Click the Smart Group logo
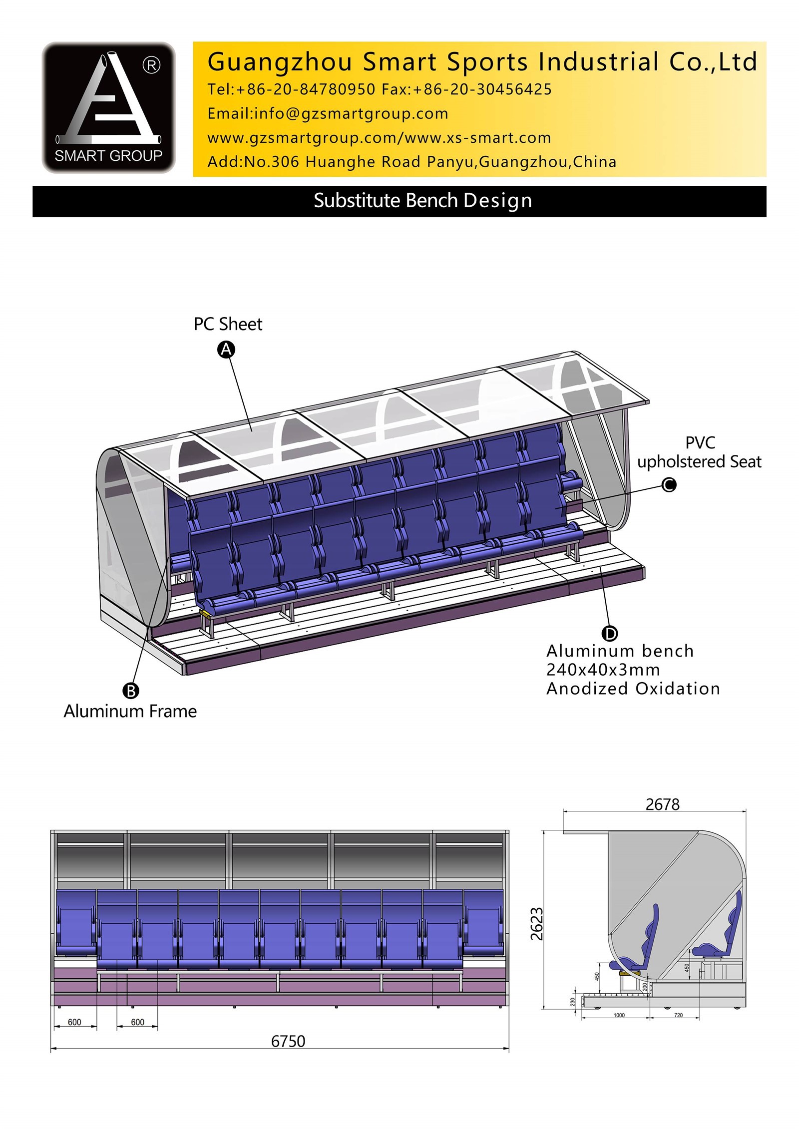tap(108, 107)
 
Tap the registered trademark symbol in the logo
tap(152, 65)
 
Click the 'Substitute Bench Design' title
tap(422, 201)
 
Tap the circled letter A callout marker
tap(226, 350)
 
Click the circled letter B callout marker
tap(131, 691)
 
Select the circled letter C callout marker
tap(669, 484)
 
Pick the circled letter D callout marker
tap(610, 634)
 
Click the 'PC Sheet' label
tap(228, 325)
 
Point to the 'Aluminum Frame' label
tap(130, 711)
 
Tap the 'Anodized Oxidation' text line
tap(633, 689)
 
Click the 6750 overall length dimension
tap(288, 1041)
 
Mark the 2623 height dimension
tap(536, 924)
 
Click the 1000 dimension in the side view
tap(619, 1015)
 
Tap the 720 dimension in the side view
tap(678, 1015)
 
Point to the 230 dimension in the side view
tap(573, 1002)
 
